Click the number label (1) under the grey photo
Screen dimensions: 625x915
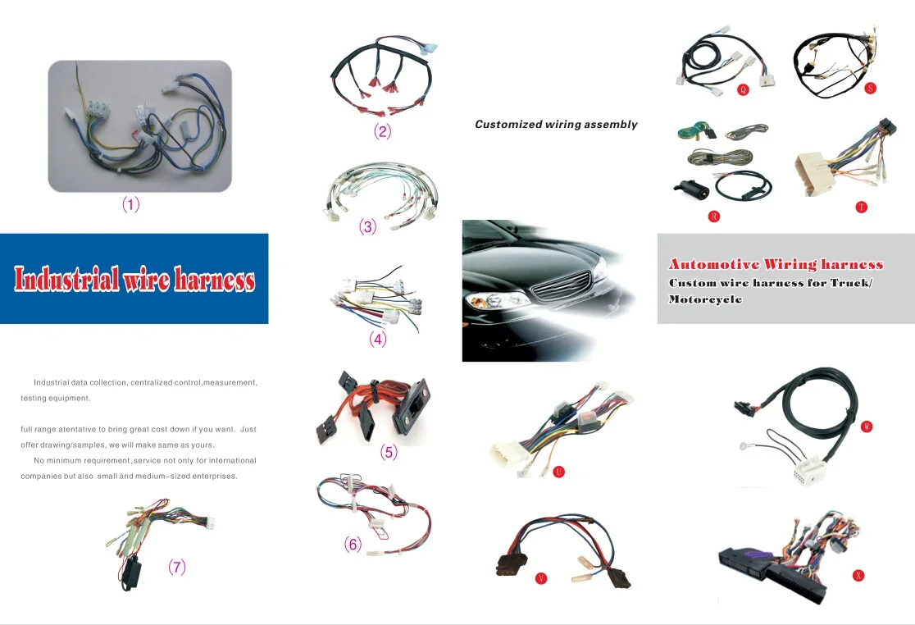pos(131,205)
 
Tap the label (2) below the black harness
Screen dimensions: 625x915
pos(382,131)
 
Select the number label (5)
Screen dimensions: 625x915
pos(389,452)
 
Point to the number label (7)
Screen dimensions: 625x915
pos(177,567)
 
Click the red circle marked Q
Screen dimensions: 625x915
pos(743,89)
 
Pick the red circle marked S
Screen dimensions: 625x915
pos(870,89)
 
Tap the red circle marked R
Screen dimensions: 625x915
pos(714,217)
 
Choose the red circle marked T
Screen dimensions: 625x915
pos(861,208)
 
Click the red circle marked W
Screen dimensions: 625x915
pos(867,427)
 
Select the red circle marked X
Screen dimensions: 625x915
pos(858,575)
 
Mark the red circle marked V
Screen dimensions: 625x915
pos(540,578)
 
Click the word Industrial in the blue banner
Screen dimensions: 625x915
pos(66,280)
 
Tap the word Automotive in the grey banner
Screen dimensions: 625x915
pos(713,264)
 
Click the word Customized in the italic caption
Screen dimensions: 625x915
pos(508,125)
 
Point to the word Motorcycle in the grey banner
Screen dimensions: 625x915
pos(694,299)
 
